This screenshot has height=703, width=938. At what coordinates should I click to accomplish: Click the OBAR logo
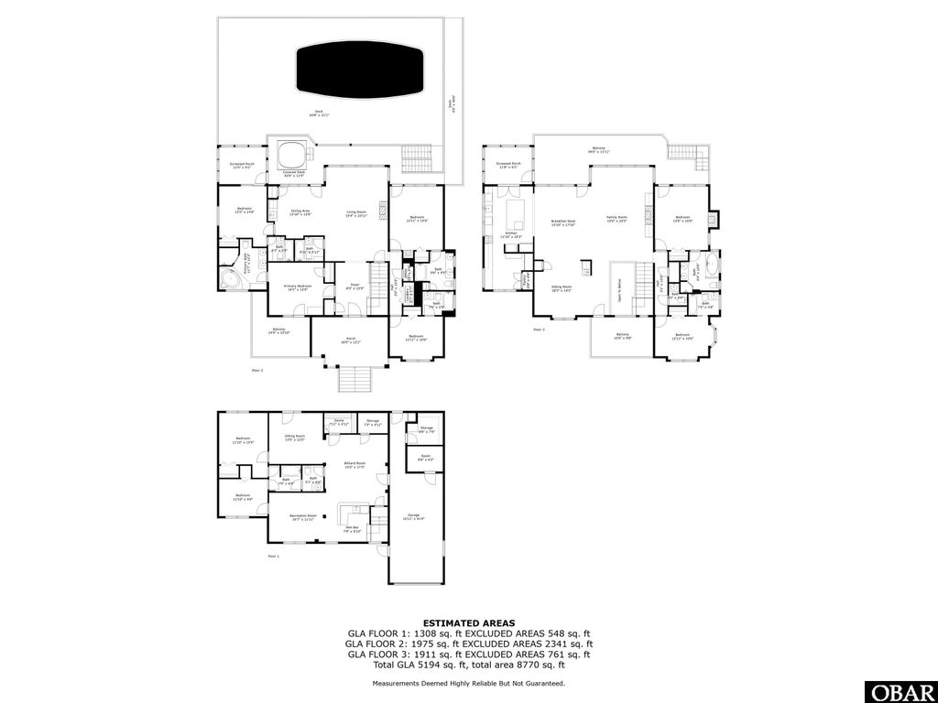(x=900, y=691)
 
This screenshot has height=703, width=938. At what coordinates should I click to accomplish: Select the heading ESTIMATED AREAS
(x=468, y=622)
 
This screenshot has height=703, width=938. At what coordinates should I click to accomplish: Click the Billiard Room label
(x=354, y=464)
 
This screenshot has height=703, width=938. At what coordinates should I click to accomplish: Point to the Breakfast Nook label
(x=562, y=222)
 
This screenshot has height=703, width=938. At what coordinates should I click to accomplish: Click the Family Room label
(x=616, y=219)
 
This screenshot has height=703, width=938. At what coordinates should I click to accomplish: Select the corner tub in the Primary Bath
(x=228, y=279)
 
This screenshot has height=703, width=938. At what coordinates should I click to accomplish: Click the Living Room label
(x=356, y=212)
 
